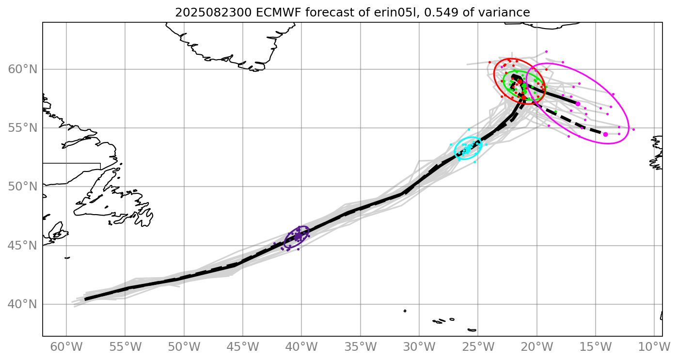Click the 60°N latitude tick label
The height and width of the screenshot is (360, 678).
[23, 69]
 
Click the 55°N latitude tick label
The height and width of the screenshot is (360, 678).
[23, 128]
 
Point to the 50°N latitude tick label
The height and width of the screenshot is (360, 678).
[23, 187]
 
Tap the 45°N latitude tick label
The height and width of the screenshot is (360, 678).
[23, 246]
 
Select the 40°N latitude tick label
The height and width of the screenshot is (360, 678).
[23, 304]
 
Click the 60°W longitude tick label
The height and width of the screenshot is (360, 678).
[66, 347]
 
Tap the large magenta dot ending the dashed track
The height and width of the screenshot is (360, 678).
[605, 134]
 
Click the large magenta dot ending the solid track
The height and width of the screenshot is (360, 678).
[578, 104]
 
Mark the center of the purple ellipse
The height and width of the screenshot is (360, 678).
[297, 237]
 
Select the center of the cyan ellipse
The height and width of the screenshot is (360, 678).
[468, 148]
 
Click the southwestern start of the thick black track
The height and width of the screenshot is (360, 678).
[85, 299]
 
